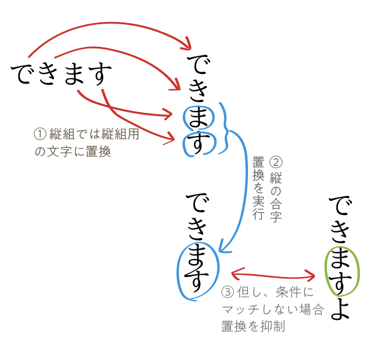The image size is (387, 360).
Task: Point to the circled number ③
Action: pyautogui.click(x=228, y=292)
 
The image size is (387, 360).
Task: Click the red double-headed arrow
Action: pyautogui.click(x=273, y=275)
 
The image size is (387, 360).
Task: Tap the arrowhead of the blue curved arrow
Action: pyautogui.click(x=223, y=248)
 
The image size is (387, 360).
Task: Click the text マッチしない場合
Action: pyautogui.click(x=272, y=310)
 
